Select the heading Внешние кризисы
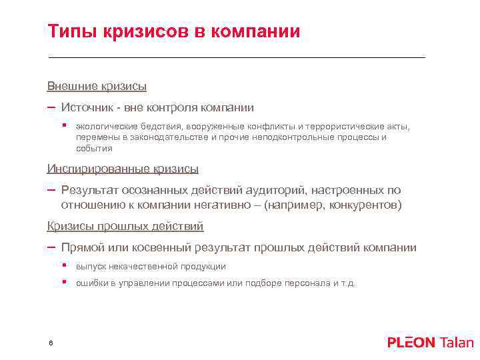[x=97, y=86]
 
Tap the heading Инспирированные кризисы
[x=123, y=169]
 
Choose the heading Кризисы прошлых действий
[x=125, y=227]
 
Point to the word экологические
[x=105, y=126]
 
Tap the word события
[x=93, y=149]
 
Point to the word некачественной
[x=143, y=267]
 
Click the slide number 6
[x=51, y=342]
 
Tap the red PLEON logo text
[x=411, y=343]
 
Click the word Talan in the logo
[x=457, y=343]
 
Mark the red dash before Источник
[x=51, y=107]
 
